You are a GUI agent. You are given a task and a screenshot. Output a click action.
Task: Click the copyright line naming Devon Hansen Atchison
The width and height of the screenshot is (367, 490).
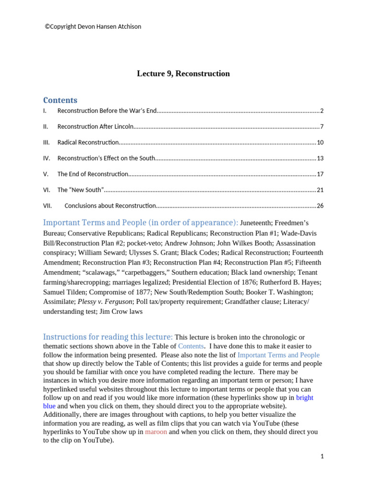tap(93, 27)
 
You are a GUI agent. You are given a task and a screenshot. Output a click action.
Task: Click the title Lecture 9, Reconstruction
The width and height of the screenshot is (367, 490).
tap(183, 74)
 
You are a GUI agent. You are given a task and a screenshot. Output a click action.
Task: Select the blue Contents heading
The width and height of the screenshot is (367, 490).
tap(60, 100)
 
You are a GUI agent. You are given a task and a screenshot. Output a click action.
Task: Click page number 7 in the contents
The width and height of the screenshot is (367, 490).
tap(322, 127)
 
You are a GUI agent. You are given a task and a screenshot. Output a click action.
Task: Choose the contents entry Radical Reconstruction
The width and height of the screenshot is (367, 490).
tap(88, 143)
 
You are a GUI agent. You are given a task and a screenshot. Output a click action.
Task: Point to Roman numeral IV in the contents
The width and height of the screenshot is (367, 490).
tap(46, 158)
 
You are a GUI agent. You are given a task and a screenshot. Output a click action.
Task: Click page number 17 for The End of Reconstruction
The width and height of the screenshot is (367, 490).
tap(320, 174)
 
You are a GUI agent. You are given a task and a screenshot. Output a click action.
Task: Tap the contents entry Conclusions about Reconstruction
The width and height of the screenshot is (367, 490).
tap(110, 206)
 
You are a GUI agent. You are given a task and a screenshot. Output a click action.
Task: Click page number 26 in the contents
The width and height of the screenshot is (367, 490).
tap(320, 206)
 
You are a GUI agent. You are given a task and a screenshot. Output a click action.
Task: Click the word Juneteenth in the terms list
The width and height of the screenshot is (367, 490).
tap(257, 223)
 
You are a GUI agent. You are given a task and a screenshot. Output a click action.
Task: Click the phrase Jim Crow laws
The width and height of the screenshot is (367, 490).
tap(121, 312)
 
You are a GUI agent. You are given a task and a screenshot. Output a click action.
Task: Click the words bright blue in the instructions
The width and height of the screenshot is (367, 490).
tap(304, 397)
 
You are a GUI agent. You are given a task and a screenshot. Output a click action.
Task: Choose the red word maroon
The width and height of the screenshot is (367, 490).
tap(156, 432)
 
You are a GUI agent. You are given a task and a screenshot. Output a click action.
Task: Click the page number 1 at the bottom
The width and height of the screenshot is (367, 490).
tap(322, 457)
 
